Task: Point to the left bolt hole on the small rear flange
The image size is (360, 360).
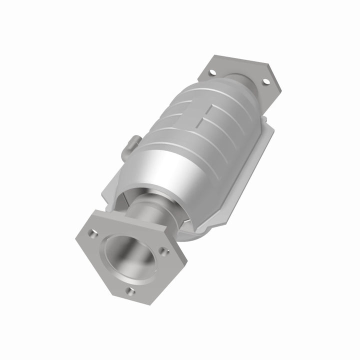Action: coord(211,73)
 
